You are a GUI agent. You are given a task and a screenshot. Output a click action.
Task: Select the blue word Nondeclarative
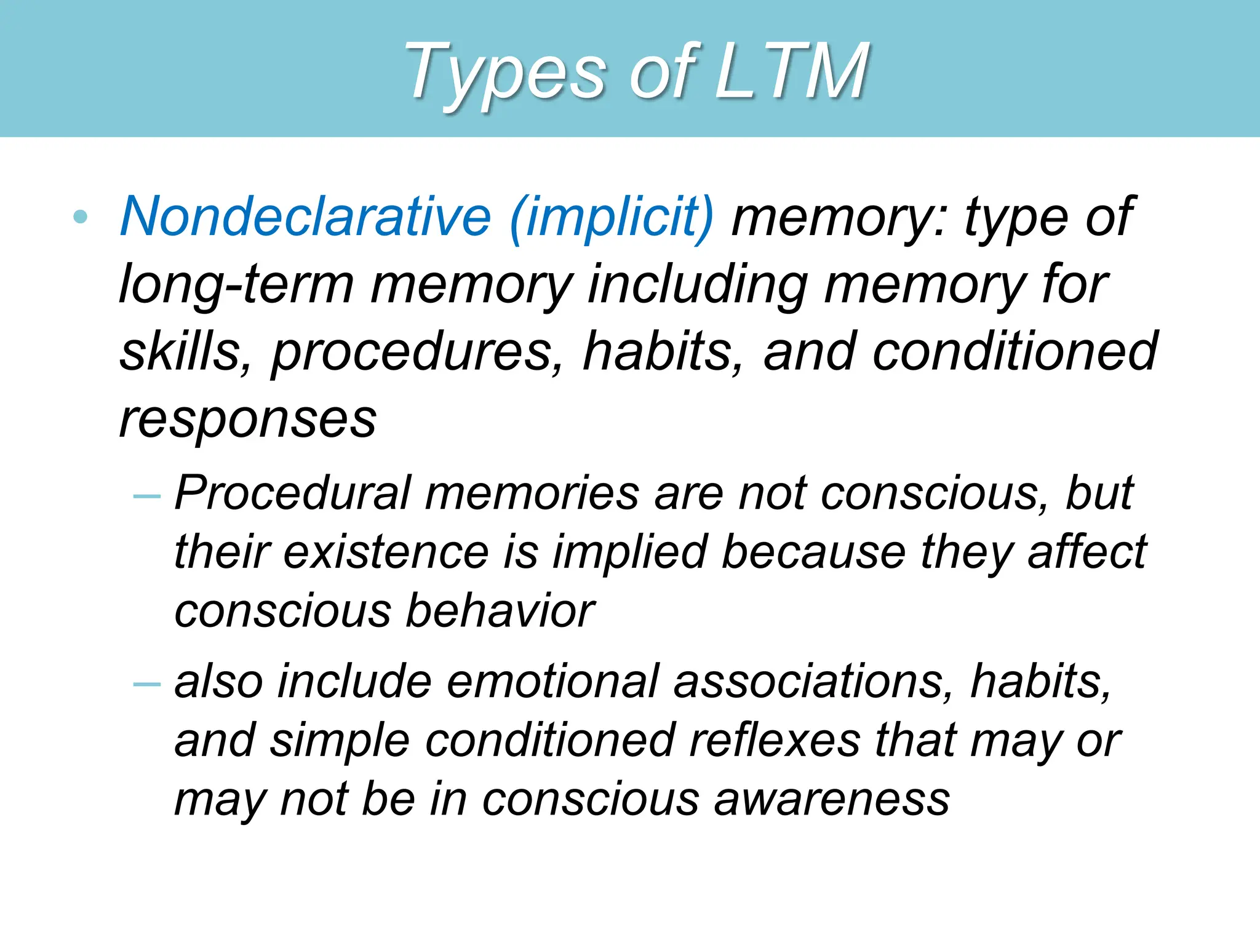[x=306, y=217]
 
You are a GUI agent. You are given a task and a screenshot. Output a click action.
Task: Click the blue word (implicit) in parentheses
[x=612, y=217]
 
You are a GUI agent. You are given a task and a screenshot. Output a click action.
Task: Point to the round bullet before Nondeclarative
[x=80, y=217]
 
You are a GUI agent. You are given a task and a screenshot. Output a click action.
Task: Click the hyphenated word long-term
[x=236, y=285]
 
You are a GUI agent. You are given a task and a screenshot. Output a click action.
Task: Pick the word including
[x=698, y=285]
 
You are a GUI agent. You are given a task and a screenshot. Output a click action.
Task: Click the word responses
[x=247, y=420]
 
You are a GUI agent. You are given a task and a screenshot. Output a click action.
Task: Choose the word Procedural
[x=293, y=493]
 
